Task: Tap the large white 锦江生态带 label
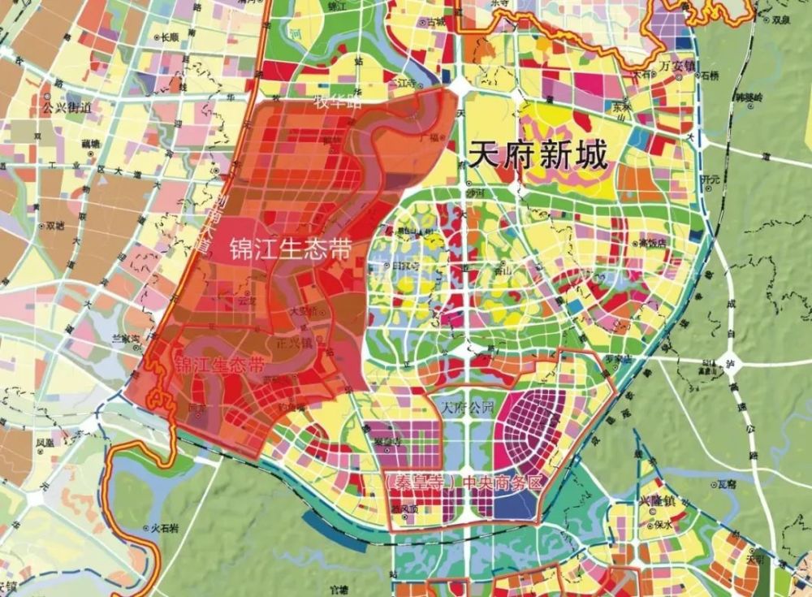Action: pyautogui.click(x=291, y=249)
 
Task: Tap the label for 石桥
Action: pyautogui.click(x=710, y=76)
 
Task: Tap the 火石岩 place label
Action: pyautogui.click(x=165, y=528)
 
